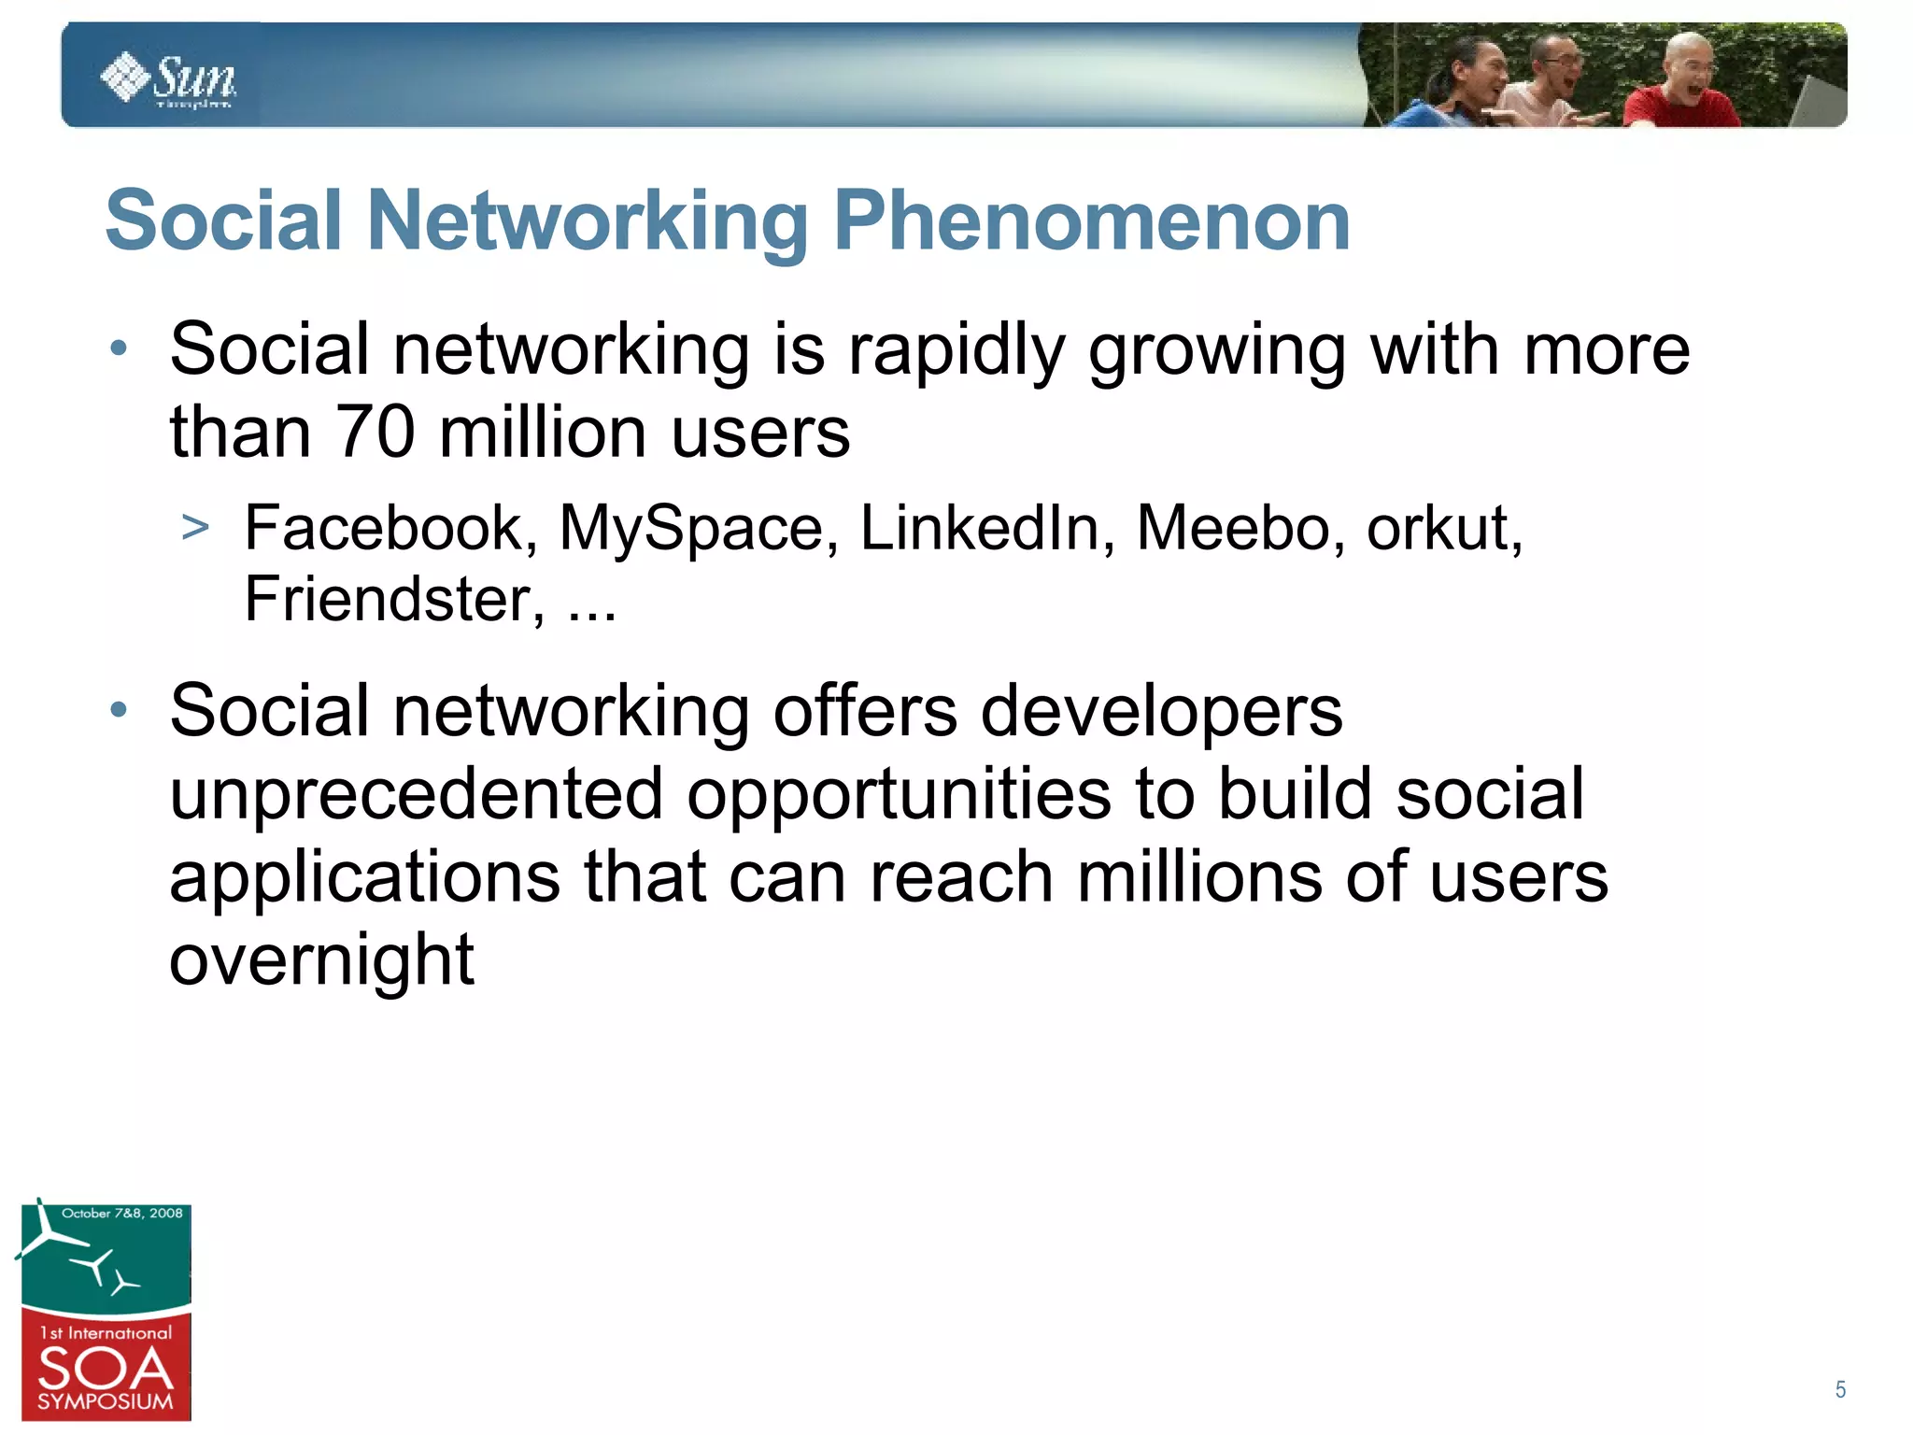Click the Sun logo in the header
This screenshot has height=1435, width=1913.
coord(169,80)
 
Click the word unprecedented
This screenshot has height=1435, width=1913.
coord(416,794)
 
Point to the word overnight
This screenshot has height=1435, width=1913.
coord(321,960)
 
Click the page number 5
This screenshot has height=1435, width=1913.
coord(1840,1390)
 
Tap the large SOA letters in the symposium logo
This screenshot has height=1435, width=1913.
coord(106,1369)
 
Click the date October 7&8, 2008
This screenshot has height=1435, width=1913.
coord(121,1214)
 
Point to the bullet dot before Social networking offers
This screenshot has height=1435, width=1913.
coord(119,710)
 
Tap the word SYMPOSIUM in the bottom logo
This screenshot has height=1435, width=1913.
coord(106,1402)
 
